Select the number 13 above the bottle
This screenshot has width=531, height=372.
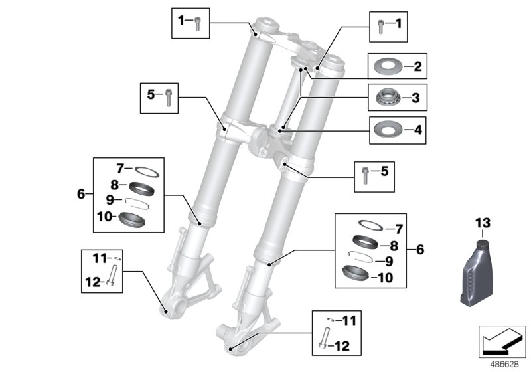(481, 221)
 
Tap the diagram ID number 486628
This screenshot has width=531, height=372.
(504, 364)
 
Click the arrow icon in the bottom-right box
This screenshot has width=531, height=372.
(502, 345)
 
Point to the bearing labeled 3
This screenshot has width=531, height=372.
(388, 98)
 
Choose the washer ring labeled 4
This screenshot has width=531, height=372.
(388, 128)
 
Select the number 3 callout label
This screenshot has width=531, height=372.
(417, 98)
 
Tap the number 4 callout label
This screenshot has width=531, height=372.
(417, 128)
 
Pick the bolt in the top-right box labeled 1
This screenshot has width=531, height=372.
(380, 25)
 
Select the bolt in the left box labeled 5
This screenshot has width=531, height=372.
(169, 96)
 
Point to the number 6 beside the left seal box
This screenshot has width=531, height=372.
(81, 194)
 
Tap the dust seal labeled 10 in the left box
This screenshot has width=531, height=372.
(129, 217)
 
